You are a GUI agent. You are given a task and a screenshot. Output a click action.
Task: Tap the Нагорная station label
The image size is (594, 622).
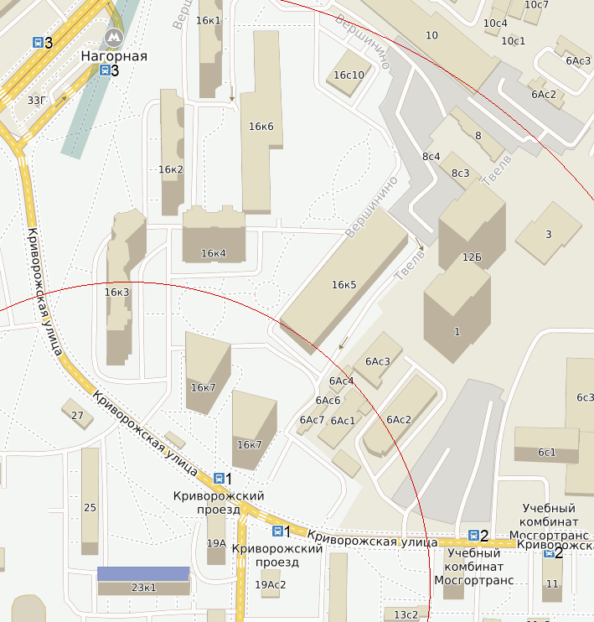(114, 56)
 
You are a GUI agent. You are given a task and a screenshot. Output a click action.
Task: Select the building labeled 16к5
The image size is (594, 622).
(343, 281)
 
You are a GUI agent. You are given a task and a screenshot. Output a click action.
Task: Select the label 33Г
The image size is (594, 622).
(37, 101)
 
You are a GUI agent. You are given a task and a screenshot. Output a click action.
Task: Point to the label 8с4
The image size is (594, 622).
(431, 157)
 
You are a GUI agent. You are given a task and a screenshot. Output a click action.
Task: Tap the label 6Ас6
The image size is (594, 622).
(328, 400)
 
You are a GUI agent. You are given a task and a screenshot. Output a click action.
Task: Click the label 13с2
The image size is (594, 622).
(405, 614)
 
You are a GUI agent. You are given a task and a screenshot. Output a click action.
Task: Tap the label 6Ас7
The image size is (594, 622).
(311, 420)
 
